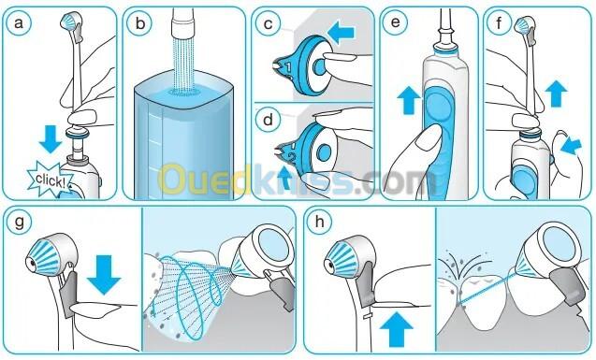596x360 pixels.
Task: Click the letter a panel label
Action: [x=19, y=23]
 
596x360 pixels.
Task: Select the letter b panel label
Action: [x=140, y=24]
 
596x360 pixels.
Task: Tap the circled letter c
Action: [x=269, y=24]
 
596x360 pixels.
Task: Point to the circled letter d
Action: [x=269, y=120]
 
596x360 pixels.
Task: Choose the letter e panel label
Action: [x=396, y=22]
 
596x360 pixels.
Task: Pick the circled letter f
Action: [x=499, y=23]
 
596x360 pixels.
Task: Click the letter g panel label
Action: [x=19, y=222]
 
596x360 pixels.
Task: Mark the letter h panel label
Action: [x=319, y=222]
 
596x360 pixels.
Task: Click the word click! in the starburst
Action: [x=50, y=180]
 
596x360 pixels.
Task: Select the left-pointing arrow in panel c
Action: [x=341, y=33]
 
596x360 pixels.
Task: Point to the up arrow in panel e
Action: [x=409, y=100]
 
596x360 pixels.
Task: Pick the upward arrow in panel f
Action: [x=556, y=94]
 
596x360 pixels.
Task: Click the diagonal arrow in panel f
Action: [x=572, y=147]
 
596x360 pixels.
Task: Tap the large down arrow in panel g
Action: [x=104, y=275]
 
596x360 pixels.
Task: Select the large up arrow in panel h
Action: [x=397, y=329]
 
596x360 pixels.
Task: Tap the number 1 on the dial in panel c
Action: [x=288, y=67]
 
